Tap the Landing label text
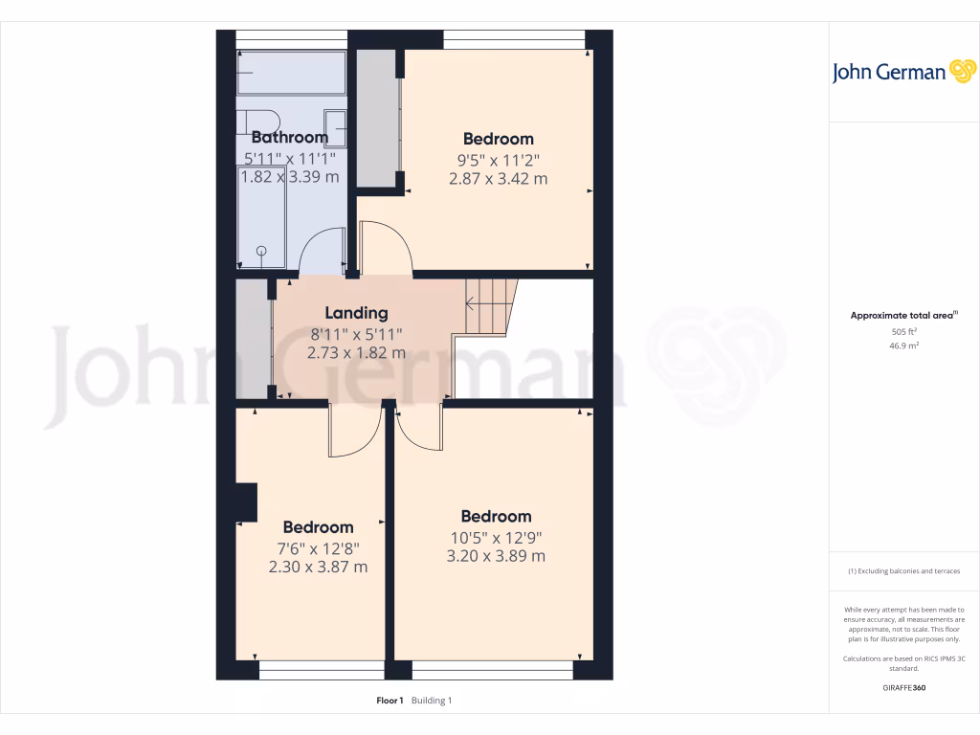click(356, 313)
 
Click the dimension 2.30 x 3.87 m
click(318, 567)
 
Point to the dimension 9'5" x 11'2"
click(498, 159)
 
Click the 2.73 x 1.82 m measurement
click(356, 352)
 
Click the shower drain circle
click(261, 251)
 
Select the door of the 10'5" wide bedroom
click(417, 427)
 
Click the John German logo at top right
click(902, 72)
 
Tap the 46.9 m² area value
click(904, 345)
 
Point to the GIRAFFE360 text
click(903, 687)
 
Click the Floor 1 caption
click(390, 701)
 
